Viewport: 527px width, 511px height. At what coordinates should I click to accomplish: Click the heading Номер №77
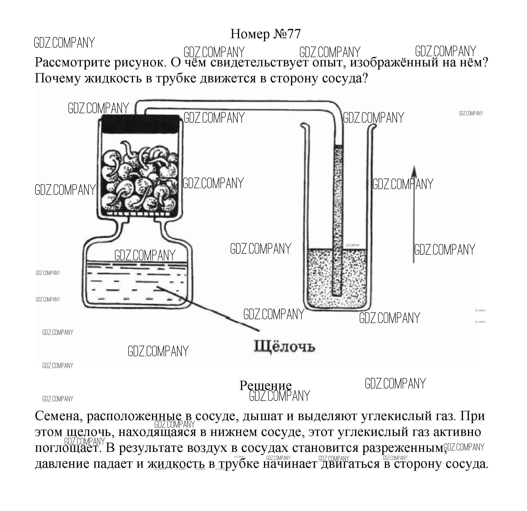[x=265, y=34]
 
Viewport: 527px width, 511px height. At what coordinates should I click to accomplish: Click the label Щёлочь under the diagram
[x=284, y=347]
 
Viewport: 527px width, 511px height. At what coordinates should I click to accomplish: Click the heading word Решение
[x=265, y=386]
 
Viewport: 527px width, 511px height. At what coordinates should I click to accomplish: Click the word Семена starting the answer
[x=58, y=416]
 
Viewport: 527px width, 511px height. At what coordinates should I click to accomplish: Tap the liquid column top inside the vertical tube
[x=338, y=146]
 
